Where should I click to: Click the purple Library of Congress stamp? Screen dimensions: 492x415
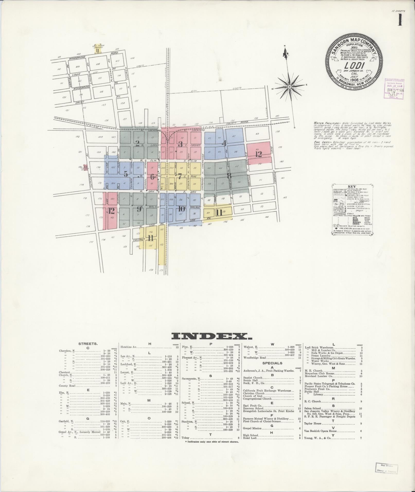pos(394,88)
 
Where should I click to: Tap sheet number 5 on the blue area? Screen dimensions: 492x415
pos(126,174)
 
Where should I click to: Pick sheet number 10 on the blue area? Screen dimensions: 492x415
pos(181,209)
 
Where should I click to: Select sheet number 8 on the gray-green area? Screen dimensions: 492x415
pos(229,176)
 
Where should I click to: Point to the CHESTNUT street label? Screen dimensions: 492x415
pos(139,239)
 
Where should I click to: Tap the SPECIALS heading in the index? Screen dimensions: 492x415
pos(272,363)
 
